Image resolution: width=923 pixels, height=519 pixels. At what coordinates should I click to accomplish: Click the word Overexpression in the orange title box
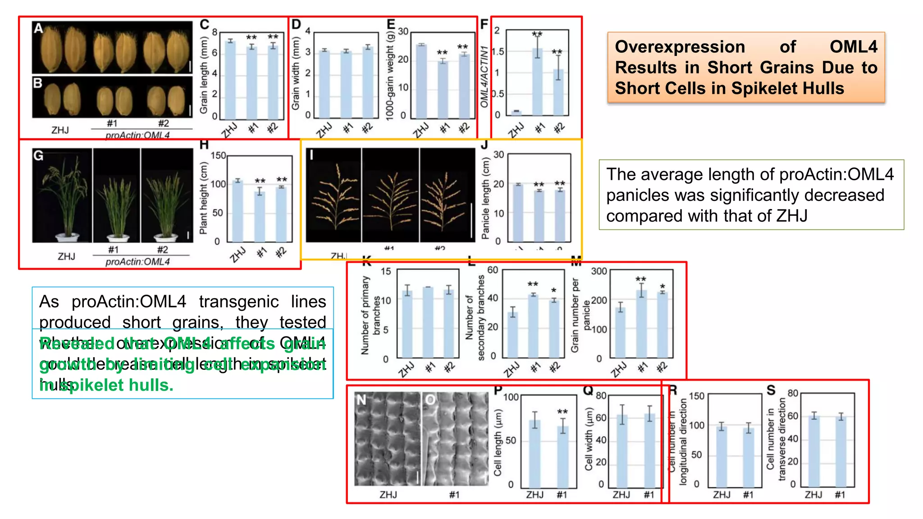680,47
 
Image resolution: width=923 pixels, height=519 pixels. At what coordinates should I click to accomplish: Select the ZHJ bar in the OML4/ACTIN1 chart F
516,112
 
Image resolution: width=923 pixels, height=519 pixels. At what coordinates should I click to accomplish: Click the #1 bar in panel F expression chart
537,81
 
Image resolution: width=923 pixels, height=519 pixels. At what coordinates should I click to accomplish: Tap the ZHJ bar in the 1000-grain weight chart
421,81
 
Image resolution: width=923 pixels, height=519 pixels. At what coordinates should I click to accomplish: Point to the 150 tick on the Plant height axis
218,156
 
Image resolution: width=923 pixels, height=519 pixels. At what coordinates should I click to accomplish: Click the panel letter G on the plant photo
39,156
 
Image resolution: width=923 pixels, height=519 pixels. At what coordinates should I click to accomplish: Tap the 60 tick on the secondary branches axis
493,270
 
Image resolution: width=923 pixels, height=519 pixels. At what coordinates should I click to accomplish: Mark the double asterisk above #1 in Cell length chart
562,412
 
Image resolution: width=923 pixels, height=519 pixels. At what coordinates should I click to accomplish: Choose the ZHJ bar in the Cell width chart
622,451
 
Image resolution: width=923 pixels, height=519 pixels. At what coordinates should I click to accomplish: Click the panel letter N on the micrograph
361,400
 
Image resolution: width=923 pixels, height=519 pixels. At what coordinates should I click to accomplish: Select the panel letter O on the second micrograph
430,400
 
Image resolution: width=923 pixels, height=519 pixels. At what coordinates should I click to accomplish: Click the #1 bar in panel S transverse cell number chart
841,451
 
